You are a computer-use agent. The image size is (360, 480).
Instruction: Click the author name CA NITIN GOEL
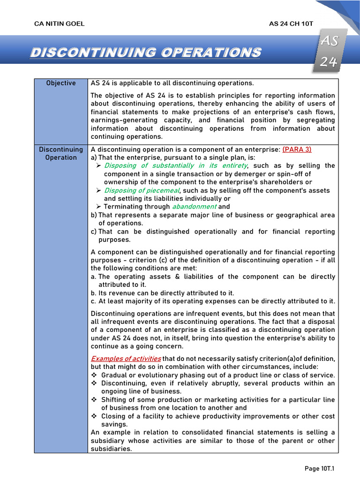point(60,24)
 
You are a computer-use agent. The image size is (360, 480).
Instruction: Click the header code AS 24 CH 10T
point(291,24)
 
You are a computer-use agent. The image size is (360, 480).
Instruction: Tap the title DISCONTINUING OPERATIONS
point(145,52)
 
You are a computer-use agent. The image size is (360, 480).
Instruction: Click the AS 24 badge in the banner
point(329,52)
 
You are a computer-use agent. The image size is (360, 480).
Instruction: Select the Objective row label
point(61,83)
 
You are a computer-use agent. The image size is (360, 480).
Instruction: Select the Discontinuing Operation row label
point(61,153)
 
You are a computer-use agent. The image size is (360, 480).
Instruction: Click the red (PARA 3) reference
point(297,149)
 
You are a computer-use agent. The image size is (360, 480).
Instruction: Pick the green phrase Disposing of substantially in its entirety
point(175,165)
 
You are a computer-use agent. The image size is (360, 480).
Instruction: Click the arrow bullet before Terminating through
point(98,207)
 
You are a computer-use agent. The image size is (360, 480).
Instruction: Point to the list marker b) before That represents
point(94,215)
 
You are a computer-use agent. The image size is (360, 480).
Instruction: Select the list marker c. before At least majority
point(93,301)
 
